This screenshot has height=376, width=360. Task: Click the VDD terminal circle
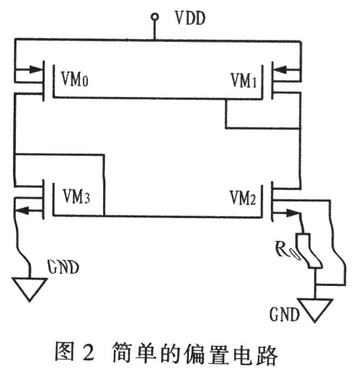[155, 17]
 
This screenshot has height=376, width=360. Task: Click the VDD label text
[190, 18]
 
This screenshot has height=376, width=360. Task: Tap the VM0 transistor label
[75, 79]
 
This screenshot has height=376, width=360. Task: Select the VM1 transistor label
[243, 80]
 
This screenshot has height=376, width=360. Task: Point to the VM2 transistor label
[243, 197]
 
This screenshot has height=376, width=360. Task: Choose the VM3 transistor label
[76, 197]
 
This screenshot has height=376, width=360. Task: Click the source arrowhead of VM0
[35, 70]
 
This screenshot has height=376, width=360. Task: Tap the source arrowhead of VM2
[292, 212]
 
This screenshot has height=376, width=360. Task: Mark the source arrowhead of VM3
[22, 210]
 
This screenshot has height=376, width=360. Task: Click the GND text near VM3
[63, 267]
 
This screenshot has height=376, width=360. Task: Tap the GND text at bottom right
[284, 314]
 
